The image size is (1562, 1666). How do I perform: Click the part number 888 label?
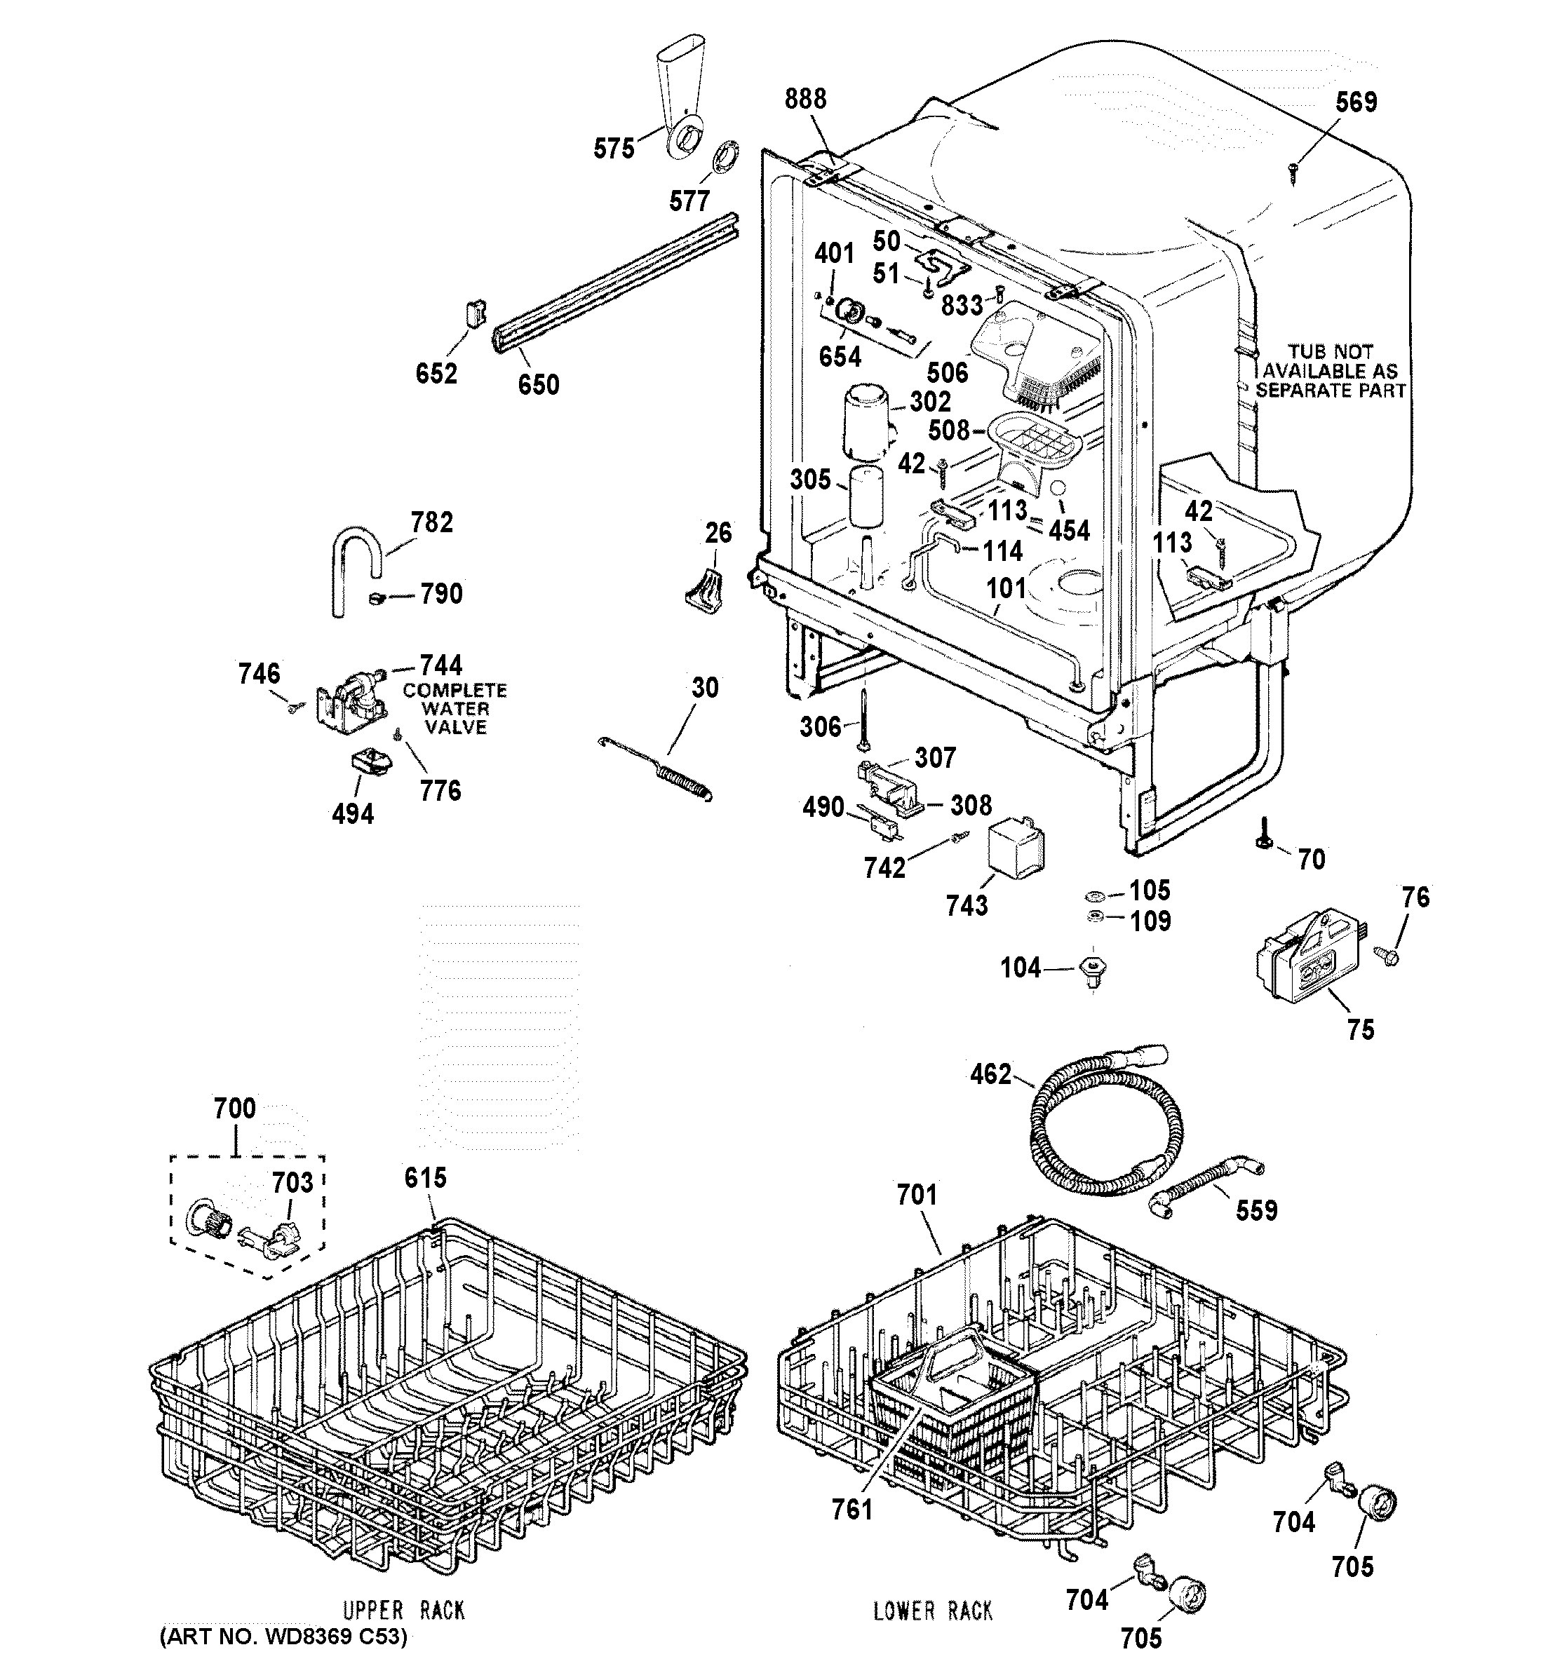point(805,99)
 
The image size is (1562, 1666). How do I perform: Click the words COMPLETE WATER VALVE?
point(455,708)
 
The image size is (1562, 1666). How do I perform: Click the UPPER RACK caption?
point(403,1610)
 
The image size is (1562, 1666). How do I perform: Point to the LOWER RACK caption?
point(932,1610)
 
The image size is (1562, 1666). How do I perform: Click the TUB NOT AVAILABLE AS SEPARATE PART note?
point(1330,371)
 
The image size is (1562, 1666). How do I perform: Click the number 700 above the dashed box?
point(235,1108)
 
